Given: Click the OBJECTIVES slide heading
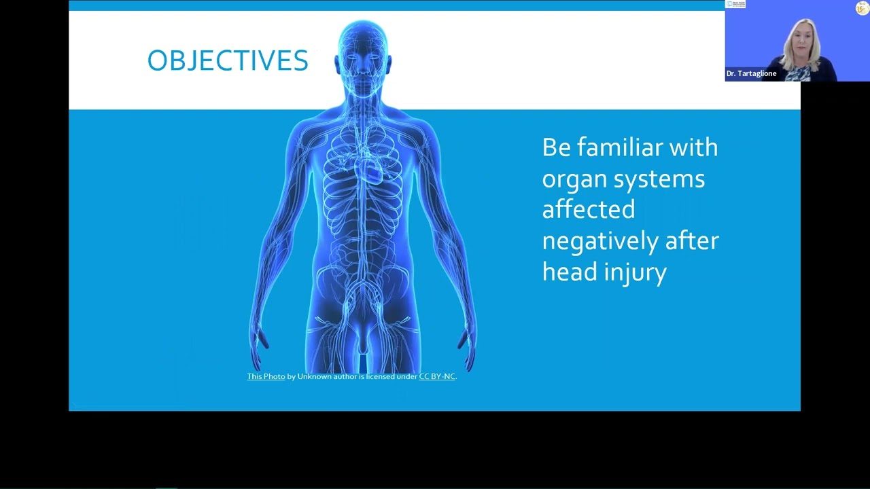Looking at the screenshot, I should click(228, 61).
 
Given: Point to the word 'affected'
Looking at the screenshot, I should click(589, 210).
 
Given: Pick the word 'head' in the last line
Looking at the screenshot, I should click(569, 272).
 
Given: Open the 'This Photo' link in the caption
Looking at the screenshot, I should click(266, 376).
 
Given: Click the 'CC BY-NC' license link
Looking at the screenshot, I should click(437, 376).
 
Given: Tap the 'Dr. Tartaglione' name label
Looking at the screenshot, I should click(751, 73).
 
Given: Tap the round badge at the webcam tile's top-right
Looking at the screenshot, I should click(862, 7).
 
